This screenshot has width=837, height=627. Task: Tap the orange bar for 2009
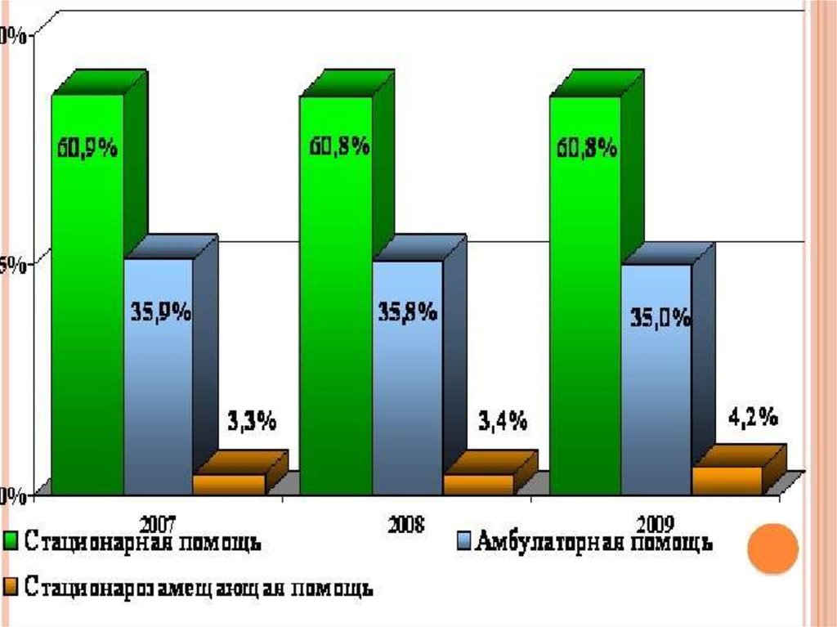726,480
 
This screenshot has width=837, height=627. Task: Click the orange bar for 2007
229,484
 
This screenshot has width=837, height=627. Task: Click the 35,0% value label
660,318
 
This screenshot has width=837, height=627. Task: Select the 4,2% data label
751,418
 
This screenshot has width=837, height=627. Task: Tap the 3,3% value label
250,422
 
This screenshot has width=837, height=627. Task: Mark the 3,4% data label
500,422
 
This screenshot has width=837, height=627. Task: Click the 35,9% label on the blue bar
161,312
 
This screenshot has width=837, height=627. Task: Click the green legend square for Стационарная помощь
11,540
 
